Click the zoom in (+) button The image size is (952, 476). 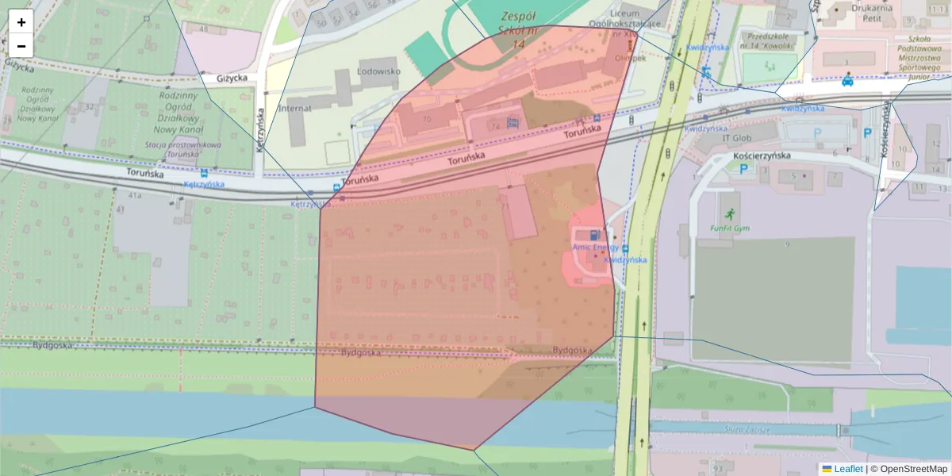tap(21, 22)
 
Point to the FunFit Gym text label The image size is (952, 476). tap(729, 228)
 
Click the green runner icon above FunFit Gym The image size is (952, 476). tap(729, 213)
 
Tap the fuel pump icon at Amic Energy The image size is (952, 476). tap(595, 235)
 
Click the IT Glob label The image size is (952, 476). tap(736, 137)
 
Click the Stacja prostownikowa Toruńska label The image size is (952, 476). tap(171, 149)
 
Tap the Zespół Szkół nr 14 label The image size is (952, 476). tap(519, 30)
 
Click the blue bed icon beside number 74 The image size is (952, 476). tap(512, 123)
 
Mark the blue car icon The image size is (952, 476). tap(848, 80)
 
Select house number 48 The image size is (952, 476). tap(204, 29)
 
